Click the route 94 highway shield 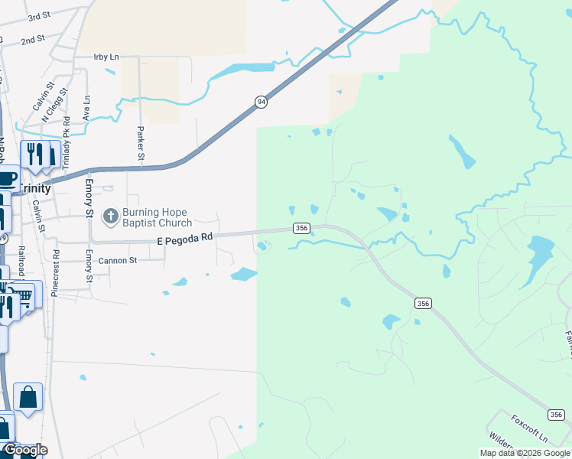[x=262, y=102]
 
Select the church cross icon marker [x=110, y=217]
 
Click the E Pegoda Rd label [x=184, y=239]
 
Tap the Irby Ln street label [x=106, y=57]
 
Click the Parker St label [x=141, y=143]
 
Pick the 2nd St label [x=33, y=40]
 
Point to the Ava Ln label [x=86, y=108]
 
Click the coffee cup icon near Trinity [x=6, y=180]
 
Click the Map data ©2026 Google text [x=525, y=453]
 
